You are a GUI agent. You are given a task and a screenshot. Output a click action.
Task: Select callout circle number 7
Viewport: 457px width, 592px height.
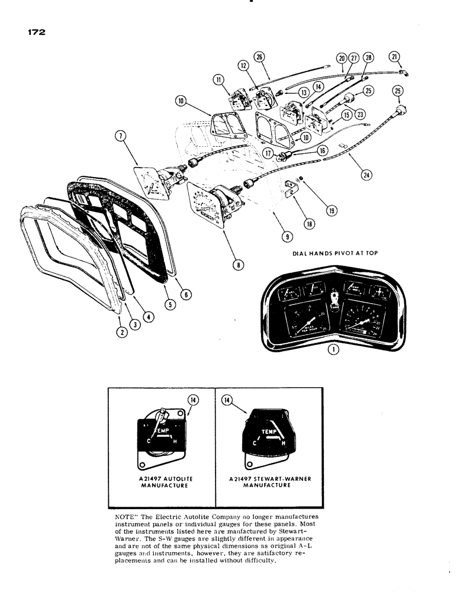coord(121,139)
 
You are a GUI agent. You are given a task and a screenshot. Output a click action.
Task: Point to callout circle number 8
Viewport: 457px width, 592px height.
coord(238,265)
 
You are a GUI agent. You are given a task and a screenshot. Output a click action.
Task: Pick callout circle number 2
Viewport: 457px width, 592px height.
coord(121,333)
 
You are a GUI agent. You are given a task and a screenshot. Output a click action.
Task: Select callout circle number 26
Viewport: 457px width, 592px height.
coord(259,57)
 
